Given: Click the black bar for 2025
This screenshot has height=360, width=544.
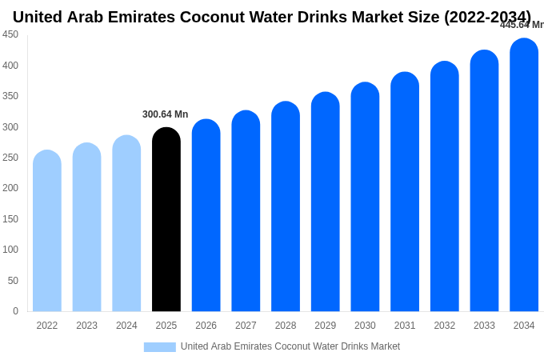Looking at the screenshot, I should click(x=166, y=220).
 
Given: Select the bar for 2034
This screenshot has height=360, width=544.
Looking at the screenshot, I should click(x=524, y=176).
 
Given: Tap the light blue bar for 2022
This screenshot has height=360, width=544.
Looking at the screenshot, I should click(x=47, y=232).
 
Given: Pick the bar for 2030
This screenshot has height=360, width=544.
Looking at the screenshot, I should click(x=365, y=198).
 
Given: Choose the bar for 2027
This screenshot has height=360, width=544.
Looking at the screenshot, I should click(x=246, y=212).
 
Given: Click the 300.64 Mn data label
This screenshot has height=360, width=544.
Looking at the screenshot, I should click(x=165, y=114).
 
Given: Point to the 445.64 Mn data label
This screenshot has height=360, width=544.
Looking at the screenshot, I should click(x=522, y=25).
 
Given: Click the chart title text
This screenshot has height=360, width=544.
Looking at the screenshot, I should click(x=271, y=17).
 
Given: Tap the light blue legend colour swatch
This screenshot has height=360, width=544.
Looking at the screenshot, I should click(x=159, y=347).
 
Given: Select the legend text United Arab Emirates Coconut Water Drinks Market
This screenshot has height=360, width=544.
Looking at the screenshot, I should click(x=290, y=346).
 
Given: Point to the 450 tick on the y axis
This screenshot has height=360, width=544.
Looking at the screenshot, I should click(x=10, y=34).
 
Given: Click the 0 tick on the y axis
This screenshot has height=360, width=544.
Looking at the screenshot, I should click(x=15, y=311).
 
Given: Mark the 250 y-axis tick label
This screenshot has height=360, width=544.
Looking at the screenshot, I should click(x=10, y=158).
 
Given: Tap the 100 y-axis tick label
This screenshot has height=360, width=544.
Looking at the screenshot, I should click(x=10, y=250).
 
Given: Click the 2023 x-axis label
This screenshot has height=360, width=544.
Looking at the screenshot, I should click(x=86, y=326).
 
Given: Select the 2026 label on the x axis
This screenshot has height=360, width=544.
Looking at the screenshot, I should click(x=206, y=326).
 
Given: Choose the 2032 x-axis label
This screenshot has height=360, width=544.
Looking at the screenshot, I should click(x=444, y=326).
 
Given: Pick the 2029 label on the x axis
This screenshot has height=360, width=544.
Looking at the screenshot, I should click(x=325, y=326).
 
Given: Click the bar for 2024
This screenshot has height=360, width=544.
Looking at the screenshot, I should click(x=126, y=224).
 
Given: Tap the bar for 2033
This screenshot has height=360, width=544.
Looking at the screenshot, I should click(x=484, y=182).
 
